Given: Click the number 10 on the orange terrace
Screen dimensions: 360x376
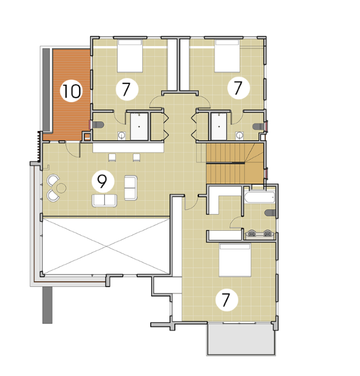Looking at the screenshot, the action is tap(71, 91).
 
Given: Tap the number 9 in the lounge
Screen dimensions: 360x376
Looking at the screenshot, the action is tap(102, 181).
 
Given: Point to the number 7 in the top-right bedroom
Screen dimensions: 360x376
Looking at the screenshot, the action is tap(238, 88).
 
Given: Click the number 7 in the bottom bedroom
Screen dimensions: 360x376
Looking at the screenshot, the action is tap(226, 300).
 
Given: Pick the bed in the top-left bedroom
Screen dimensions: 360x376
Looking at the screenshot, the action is tap(130, 56).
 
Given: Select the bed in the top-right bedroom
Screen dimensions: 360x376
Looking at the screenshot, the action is tap(227, 56).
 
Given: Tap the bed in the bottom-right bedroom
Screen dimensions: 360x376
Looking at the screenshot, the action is tap(235, 260).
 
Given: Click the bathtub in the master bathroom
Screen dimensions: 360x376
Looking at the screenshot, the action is tap(259, 197).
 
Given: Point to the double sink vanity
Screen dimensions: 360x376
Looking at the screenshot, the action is tap(259, 234).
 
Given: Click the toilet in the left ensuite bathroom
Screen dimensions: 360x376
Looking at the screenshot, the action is tap(98, 125).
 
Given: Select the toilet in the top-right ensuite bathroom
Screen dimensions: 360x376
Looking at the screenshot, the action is tap(259, 126).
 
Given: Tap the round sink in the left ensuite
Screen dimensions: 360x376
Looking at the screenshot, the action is tap(122, 136).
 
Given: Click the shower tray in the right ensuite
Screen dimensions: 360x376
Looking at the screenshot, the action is tap(219, 126).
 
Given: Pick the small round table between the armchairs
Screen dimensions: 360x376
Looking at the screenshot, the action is tap(62, 188).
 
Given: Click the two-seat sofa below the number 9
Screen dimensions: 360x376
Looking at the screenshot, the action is tap(104, 200).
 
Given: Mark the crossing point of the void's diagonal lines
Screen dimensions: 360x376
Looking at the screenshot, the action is tap(106, 246).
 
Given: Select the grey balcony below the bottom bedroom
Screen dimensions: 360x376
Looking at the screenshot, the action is tap(241, 339).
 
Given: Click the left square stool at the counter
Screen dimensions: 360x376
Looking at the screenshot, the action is tap(112, 157).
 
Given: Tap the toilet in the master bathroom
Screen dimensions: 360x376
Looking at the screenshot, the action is tap(270, 213).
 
